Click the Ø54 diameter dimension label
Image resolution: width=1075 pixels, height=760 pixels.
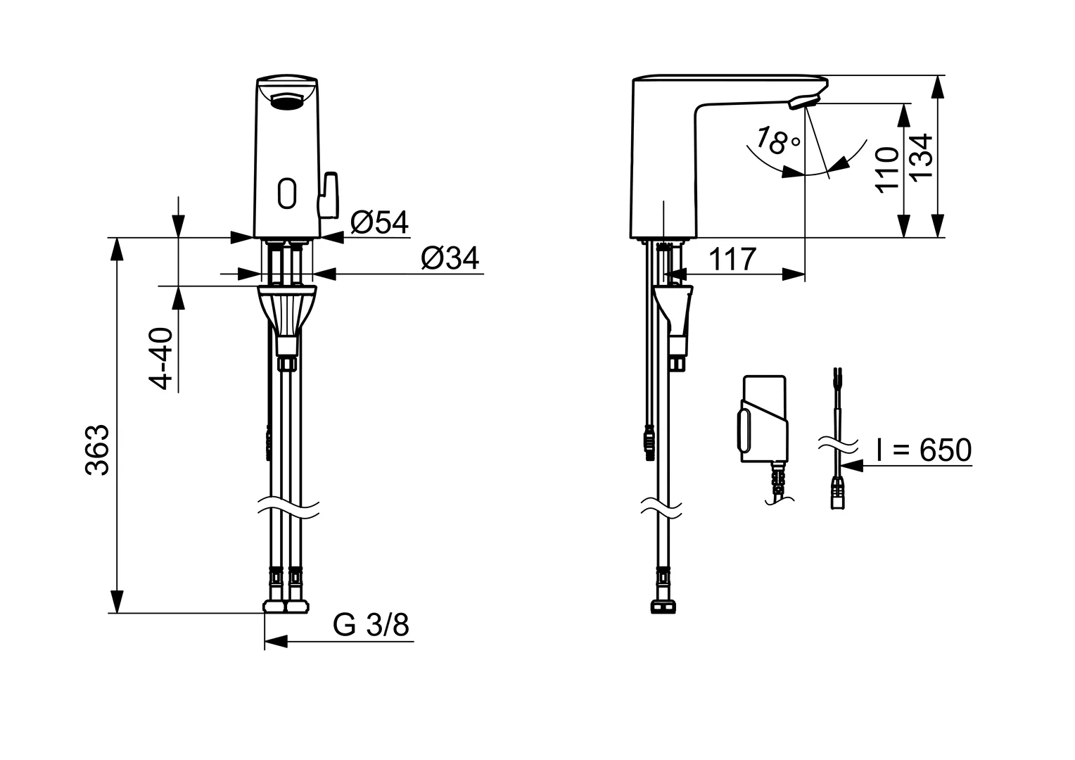pos(380,222)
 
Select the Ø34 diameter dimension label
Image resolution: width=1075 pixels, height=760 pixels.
pos(450,258)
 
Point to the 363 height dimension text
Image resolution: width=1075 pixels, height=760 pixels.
pos(98,450)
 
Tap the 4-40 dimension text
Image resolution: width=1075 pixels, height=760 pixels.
pos(161,357)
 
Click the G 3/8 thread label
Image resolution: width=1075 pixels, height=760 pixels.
pos(371,624)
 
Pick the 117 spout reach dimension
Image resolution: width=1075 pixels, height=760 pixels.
pos(732,259)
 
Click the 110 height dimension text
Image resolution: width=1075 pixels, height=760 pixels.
pos(889,169)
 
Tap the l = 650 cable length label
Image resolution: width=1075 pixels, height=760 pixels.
pos(924,450)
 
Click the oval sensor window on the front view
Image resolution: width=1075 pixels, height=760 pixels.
pos(287,193)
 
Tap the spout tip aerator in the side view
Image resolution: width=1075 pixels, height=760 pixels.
pos(803,103)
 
